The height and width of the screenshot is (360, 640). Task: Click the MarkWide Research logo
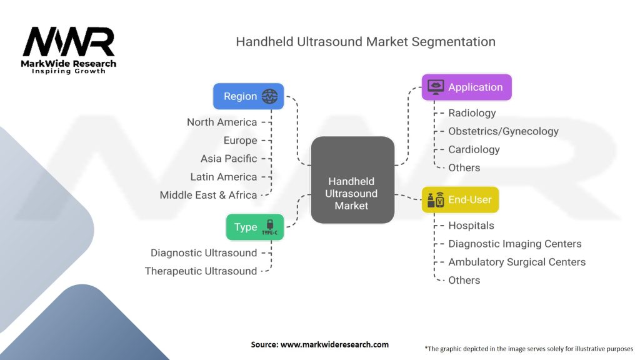[69, 49]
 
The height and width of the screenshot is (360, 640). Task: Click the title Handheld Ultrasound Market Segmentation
[365, 42]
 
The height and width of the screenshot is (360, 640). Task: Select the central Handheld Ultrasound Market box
[352, 180]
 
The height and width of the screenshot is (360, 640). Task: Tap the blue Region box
[248, 96]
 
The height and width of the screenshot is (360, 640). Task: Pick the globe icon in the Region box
[270, 96]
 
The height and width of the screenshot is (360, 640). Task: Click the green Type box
[254, 227]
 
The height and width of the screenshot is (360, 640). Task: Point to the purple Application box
[466, 87]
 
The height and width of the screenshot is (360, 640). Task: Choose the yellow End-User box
[460, 200]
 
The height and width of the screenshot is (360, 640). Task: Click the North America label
[222, 122]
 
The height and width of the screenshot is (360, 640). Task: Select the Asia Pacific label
[229, 159]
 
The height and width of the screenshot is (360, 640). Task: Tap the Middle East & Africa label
[208, 195]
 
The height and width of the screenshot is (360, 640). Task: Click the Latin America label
[224, 177]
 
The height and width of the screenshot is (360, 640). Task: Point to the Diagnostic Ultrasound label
[204, 252]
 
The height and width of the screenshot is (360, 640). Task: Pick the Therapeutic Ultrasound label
[201, 271]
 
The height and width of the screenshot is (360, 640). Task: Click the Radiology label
[472, 113]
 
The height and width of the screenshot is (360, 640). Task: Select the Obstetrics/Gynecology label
[503, 131]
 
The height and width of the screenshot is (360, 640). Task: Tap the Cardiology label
[474, 149]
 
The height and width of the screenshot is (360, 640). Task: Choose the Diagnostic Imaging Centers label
[514, 244]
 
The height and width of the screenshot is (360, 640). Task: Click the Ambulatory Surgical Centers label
[517, 262]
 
